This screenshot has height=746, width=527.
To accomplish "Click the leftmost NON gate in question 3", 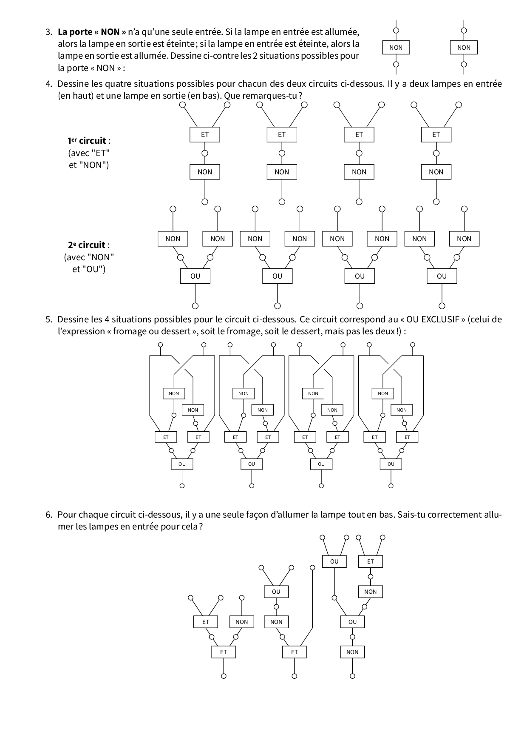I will [x=396, y=48].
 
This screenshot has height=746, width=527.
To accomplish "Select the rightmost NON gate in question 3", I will [x=464, y=48].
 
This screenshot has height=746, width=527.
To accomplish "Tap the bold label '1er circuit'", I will [x=89, y=141].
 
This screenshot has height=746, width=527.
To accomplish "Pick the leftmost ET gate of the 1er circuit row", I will [x=205, y=134].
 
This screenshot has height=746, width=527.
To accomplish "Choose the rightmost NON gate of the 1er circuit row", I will [x=436, y=172].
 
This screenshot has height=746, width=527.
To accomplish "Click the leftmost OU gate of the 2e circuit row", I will [x=195, y=276].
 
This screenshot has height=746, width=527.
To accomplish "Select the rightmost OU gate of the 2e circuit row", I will [x=442, y=276].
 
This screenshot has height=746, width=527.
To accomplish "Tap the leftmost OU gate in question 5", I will [x=182, y=464].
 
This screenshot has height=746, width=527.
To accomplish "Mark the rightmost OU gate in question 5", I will [x=391, y=464].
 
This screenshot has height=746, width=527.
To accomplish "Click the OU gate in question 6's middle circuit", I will [x=276, y=592].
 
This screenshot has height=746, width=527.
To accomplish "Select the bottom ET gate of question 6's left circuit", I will [x=224, y=652].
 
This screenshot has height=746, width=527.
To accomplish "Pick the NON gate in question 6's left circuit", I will [x=241, y=622].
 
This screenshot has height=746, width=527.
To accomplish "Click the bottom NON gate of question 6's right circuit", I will [x=352, y=652].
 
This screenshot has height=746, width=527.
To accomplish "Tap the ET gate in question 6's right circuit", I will [x=371, y=561].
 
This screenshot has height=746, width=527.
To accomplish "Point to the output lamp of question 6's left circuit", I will [x=224, y=676].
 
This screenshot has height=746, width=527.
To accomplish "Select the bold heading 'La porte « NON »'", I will [x=92, y=31].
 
